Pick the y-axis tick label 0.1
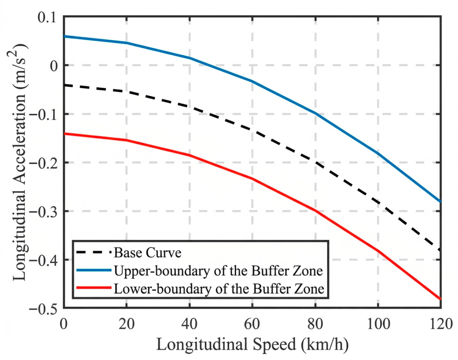47,17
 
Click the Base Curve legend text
148,253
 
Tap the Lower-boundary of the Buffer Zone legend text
219,289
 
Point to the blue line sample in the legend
94,270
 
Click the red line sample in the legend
94,288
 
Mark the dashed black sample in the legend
94,252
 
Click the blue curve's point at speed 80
315,113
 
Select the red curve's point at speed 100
378,251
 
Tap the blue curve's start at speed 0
64,36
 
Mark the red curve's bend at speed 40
189,155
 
